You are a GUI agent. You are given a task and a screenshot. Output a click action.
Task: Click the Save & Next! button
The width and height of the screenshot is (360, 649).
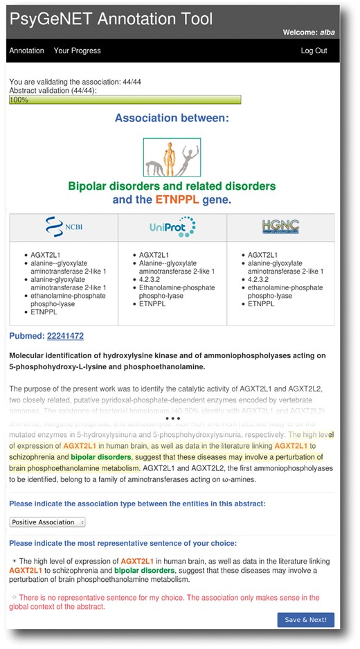305,619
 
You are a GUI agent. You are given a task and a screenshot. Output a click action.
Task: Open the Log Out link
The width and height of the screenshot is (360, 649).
314,51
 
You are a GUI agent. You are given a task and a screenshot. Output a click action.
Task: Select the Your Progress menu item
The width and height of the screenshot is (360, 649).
77,51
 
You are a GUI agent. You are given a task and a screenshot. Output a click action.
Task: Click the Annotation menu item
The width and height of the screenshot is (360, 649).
26,51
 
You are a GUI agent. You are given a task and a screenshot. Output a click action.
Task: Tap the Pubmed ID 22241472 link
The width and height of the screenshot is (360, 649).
65,336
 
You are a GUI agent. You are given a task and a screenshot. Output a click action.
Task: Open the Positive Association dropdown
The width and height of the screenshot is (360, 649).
47,522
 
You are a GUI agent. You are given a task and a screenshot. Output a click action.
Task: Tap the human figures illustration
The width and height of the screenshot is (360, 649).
172,157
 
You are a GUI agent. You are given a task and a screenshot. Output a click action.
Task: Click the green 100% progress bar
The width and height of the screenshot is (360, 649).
125,100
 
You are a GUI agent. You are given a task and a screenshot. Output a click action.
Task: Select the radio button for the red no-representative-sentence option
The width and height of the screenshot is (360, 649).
14,597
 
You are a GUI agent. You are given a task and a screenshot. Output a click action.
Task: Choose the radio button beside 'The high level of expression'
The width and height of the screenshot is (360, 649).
14,560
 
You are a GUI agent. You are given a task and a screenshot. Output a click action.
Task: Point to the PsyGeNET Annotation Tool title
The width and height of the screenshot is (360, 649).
111,19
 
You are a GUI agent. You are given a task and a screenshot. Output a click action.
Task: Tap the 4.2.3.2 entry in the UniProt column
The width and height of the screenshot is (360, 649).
152,279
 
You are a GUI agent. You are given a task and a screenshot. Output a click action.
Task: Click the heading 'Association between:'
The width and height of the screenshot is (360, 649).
172,118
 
